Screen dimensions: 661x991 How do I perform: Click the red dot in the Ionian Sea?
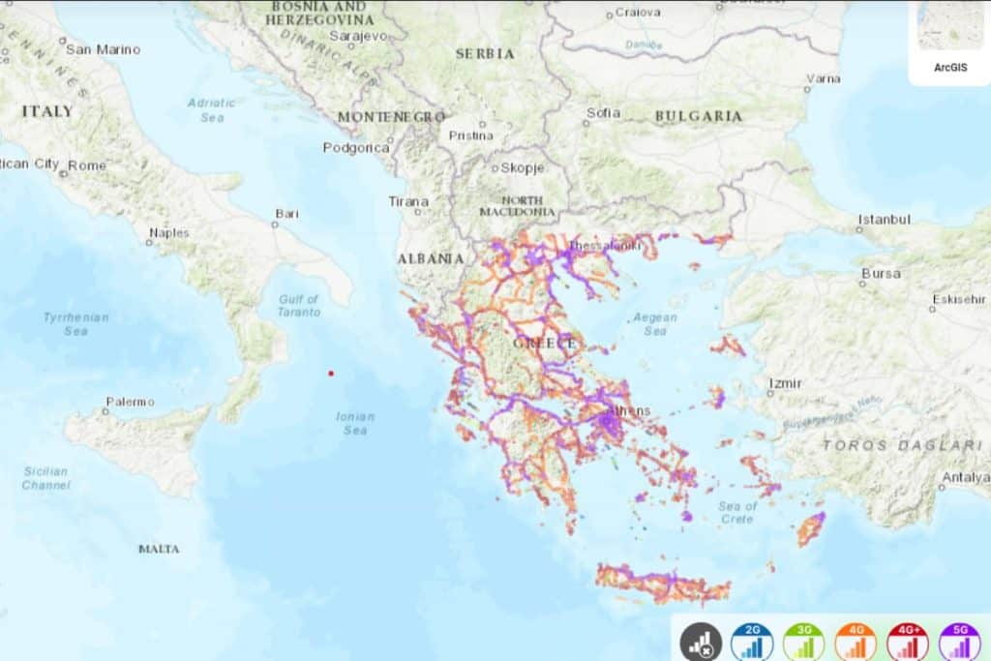tap(331, 373)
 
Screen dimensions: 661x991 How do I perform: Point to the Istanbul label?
tap(885, 219)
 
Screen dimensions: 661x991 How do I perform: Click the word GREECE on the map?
tap(545, 344)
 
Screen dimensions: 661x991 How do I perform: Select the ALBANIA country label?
tap(431, 258)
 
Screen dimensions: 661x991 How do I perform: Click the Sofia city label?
tap(603, 112)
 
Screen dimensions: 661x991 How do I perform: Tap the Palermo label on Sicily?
tap(130, 401)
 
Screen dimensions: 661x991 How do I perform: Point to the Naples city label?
tap(169, 232)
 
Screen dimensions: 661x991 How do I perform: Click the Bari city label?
tap(286, 213)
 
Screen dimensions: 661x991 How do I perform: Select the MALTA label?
tap(159, 549)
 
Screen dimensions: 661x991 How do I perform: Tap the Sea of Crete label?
tap(737, 512)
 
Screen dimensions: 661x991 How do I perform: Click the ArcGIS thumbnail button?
tap(949, 41)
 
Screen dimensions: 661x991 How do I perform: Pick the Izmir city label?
tap(785, 383)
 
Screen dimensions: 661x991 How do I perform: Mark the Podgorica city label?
tap(356, 148)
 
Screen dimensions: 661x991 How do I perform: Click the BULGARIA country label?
tap(699, 116)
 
